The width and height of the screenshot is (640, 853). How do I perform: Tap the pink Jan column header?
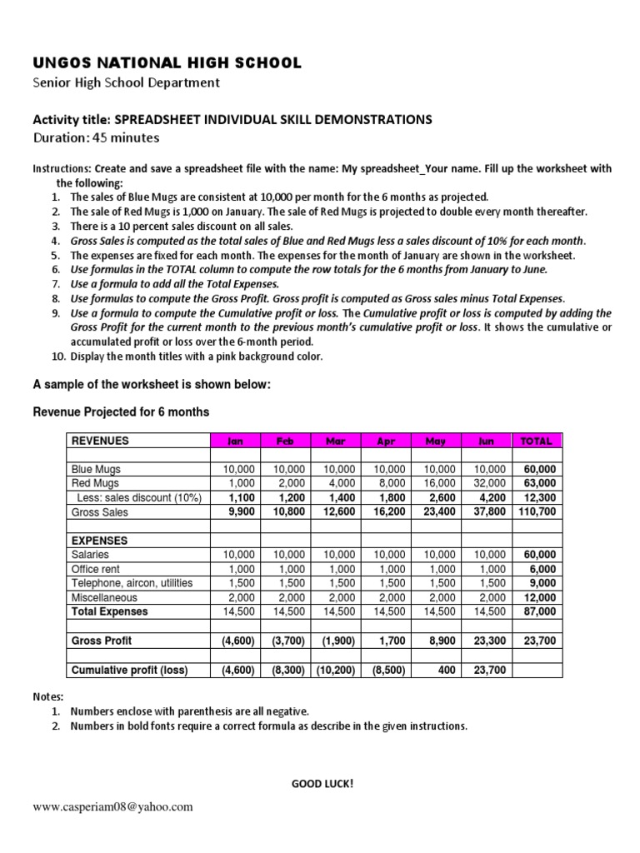pos(236,441)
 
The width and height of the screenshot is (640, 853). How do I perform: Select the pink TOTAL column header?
pos(536,441)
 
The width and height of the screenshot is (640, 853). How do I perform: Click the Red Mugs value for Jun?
pos(489,483)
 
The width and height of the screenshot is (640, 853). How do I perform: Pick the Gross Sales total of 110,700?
pos(537,512)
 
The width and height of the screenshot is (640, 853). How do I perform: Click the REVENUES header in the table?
pos(101,441)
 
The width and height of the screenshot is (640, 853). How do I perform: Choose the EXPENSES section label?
pos(99,541)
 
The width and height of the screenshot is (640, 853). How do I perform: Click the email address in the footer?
pos(112,806)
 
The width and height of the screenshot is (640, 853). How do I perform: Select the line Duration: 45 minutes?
pos(96,137)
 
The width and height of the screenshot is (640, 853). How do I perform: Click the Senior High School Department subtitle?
pos(126,82)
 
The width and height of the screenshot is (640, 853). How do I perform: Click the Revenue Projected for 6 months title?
pos(121,412)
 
